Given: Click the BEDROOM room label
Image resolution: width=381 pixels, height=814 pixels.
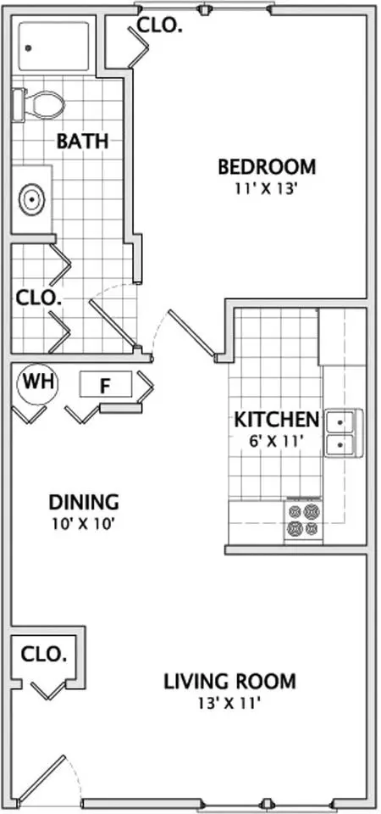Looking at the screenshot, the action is tap(267, 167).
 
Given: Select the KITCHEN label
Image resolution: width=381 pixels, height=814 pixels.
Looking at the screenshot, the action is tap(276, 420).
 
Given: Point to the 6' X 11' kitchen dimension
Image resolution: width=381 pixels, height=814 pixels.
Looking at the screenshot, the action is tap(275, 441).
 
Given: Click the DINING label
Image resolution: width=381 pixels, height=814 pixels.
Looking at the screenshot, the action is tap(84, 503).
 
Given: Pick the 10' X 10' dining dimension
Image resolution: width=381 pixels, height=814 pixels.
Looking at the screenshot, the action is tap(83, 524).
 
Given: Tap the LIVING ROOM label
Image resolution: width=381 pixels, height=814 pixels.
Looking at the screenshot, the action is tap(230, 681).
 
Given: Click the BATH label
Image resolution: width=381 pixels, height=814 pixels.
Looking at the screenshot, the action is tap(82, 142).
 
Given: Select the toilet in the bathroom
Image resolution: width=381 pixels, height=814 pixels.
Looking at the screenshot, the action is tap(38, 105).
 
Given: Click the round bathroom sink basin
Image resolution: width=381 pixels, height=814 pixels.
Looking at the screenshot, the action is tap(32, 198).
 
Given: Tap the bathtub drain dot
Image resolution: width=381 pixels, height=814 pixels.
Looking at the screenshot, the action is tap(28, 47).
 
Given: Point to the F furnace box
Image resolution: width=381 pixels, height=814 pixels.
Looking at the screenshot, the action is tap(106, 385).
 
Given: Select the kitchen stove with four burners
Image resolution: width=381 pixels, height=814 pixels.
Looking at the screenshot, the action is tap(303, 521).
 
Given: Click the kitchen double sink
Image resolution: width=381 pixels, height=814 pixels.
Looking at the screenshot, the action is tap(345, 433).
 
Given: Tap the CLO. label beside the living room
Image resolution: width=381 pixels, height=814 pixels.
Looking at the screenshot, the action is tap(44, 655).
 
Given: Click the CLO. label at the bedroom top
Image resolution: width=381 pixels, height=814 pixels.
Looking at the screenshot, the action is tap(159, 25).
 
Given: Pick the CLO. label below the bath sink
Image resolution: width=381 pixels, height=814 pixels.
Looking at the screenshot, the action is tap(39, 298).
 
